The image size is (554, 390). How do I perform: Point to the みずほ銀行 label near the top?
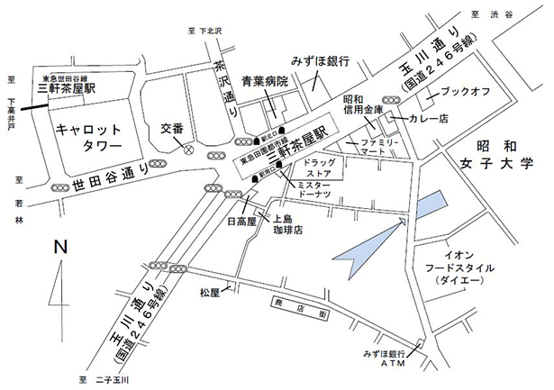(x=320, y=60)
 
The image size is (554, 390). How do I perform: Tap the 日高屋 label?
(x=241, y=220)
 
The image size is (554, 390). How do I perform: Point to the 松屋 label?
(x=210, y=293)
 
